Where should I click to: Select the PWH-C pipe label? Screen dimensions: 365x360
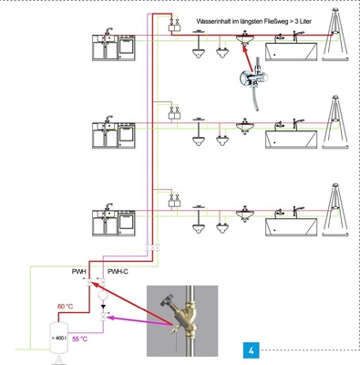pyautogui.click(x=119, y=271)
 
